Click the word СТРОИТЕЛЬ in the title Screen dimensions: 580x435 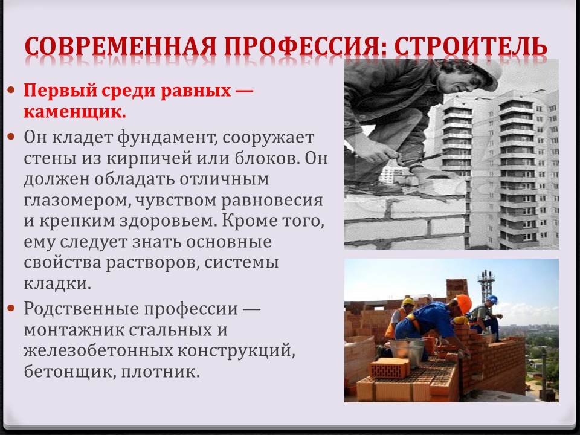471,47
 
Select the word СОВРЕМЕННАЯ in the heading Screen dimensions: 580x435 121,47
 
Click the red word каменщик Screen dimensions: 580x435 75,112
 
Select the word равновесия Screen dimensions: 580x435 272,201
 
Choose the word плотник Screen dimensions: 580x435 160,372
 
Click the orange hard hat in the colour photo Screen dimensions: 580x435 464,304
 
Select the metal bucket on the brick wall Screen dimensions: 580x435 407,353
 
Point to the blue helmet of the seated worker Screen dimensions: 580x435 492,299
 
